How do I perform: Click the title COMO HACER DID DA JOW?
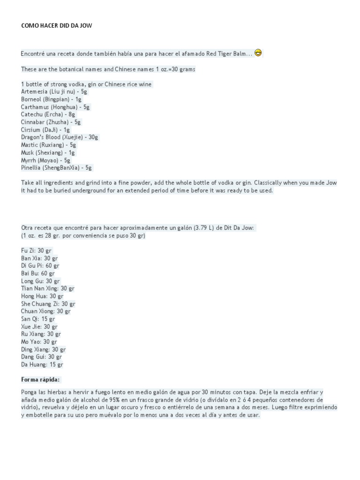(x=57, y=26)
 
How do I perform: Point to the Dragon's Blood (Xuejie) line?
(x=60, y=137)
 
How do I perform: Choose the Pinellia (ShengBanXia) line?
(x=57, y=167)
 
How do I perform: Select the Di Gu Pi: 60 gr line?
(x=40, y=266)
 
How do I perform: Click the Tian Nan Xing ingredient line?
(x=48, y=288)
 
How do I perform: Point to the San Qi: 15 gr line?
(x=38, y=319)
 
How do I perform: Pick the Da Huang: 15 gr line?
(x=42, y=364)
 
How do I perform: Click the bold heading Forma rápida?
(x=40, y=379)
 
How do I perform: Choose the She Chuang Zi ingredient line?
(x=48, y=304)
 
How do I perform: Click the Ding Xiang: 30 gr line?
(x=44, y=349)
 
